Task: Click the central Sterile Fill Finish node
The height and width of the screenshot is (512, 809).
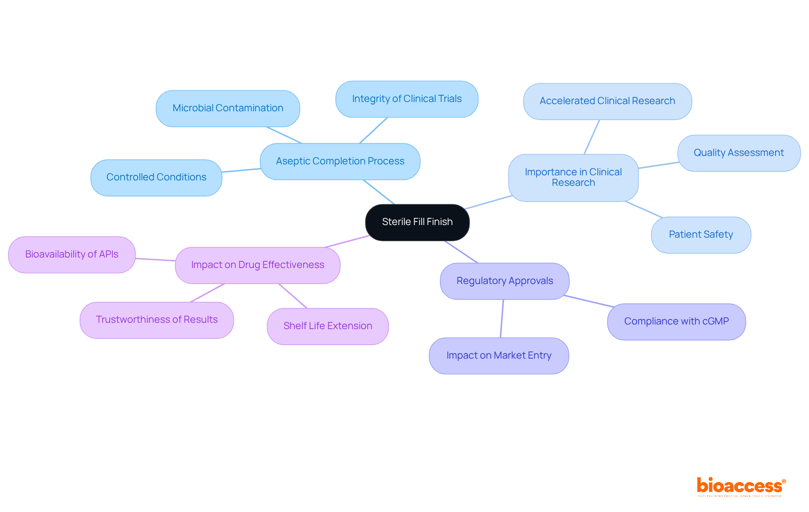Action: click(x=417, y=222)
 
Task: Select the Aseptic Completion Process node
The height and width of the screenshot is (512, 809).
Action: click(x=340, y=161)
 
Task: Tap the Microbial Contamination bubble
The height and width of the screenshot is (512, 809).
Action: click(x=228, y=108)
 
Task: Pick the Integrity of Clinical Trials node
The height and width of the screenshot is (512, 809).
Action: click(x=407, y=99)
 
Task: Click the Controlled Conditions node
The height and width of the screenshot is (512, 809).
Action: click(x=156, y=177)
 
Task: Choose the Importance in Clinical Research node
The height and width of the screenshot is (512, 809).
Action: click(x=573, y=177)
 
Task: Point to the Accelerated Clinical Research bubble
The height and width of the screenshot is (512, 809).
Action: click(x=607, y=101)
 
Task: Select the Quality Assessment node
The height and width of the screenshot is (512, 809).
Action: click(x=739, y=153)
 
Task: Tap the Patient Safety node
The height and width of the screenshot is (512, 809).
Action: click(x=701, y=235)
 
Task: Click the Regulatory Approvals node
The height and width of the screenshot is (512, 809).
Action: click(x=504, y=281)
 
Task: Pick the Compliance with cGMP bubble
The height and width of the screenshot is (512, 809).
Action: click(x=676, y=322)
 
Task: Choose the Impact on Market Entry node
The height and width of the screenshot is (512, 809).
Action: click(x=498, y=356)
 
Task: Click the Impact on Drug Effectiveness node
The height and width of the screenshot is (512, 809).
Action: click(x=257, y=265)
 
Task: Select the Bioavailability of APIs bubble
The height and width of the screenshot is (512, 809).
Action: click(x=72, y=255)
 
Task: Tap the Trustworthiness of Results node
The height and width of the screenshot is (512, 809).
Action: click(x=157, y=320)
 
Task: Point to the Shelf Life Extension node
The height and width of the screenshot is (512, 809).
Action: click(x=327, y=326)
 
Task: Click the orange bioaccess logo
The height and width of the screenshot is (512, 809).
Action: click(x=741, y=486)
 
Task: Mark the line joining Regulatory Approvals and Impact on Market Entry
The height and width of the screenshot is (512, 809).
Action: click(x=502, y=319)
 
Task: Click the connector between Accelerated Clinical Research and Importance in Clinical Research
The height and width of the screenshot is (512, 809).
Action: click(x=592, y=137)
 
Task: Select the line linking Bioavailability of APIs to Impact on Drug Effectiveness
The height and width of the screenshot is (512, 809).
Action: click(x=155, y=260)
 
